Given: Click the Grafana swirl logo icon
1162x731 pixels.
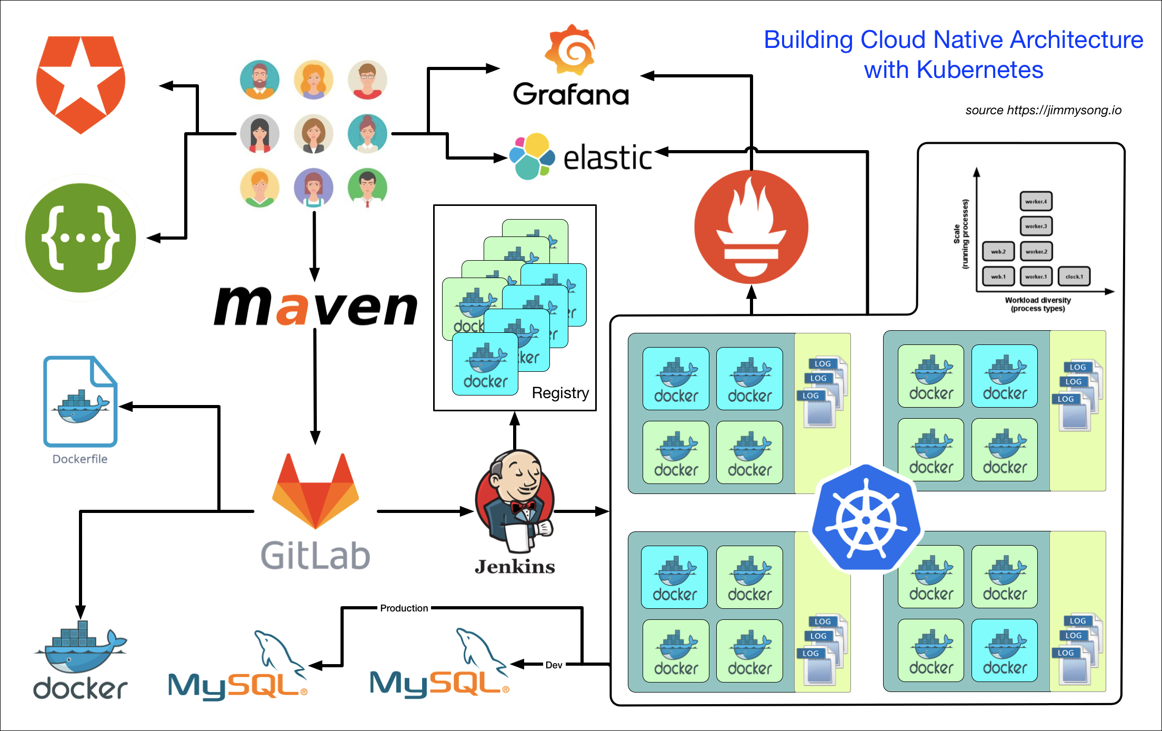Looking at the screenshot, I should (x=570, y=50).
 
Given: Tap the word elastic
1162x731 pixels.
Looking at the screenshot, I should (x=607, y=157).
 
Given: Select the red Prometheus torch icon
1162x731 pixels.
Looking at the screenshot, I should (x=751, y=227).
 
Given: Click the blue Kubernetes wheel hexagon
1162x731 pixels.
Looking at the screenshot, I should (x=866, y=518).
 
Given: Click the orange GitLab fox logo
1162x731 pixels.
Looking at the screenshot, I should (x=315, y=492).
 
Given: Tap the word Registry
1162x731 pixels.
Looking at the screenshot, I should (x=560, y=393).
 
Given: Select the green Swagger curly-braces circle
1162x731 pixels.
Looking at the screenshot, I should (x=81, y=238).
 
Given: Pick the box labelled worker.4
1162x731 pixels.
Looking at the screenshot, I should (x=1036, y=201).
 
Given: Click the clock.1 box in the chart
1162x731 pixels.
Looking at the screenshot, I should (x=1074, y=276).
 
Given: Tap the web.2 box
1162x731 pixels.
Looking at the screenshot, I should (x=998, y=251).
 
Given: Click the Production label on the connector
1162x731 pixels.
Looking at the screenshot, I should (x=404, y=608).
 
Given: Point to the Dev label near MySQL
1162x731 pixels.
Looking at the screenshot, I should (x=554, y=665).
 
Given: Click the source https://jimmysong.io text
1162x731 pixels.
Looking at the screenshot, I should (x=1043, y=110).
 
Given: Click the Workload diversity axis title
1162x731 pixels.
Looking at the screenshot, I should (x=1037, y=300).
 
